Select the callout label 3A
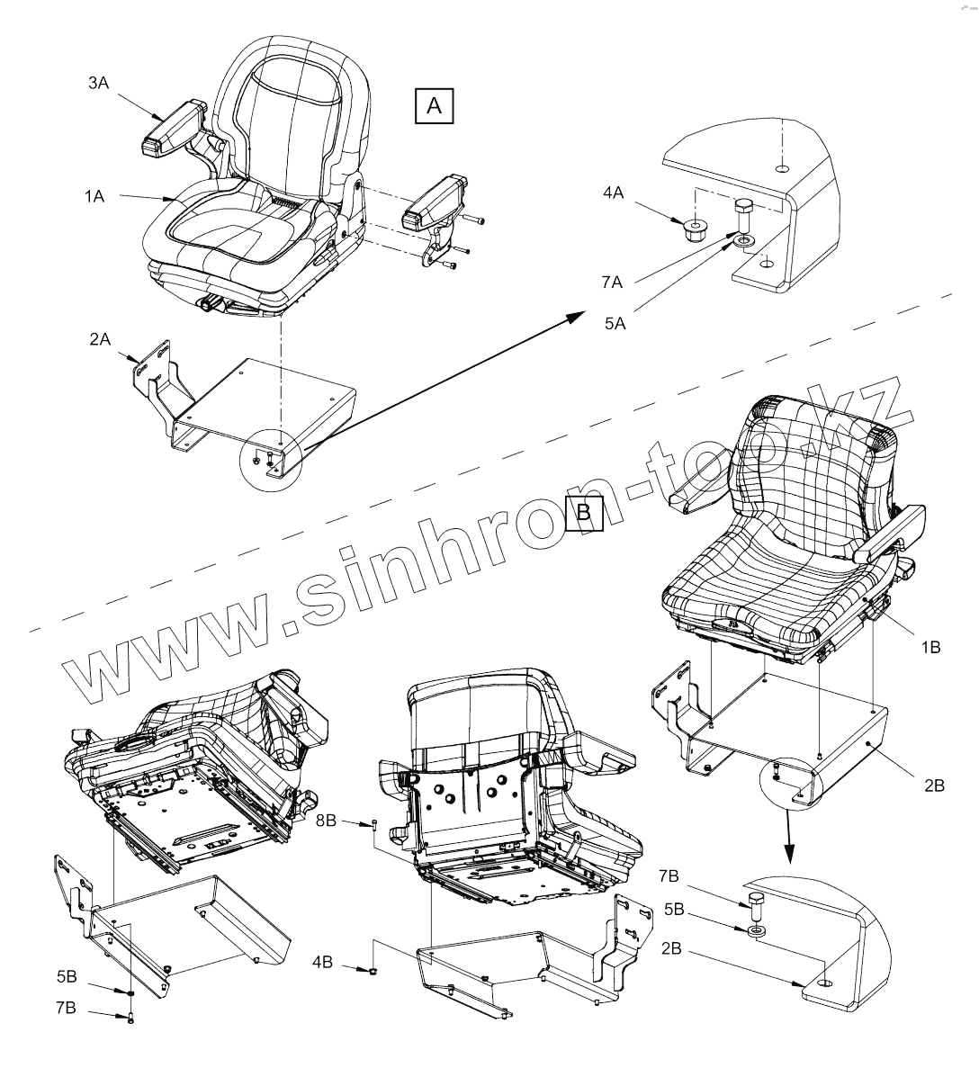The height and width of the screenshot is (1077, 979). click(99, 83)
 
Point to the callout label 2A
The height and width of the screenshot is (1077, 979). click(100, 339)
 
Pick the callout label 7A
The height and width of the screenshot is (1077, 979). click(614, 283)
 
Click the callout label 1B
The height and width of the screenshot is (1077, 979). click(929, 646)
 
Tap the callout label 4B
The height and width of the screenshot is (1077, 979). click(323, 962)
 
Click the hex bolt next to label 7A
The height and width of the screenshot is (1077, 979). click(744, 215)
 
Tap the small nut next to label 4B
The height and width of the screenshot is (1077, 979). click(371, 969)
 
